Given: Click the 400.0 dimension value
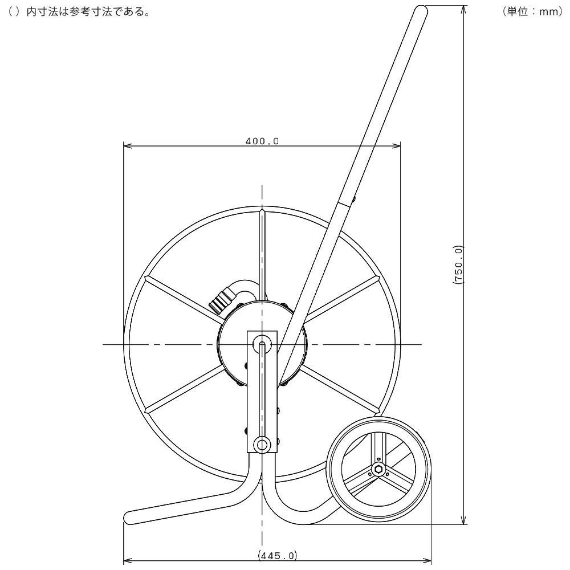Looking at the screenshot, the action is (x=262, y=141).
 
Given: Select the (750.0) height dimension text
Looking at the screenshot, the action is (x=458, y=264).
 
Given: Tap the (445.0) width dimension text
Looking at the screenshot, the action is (x=278, y=555).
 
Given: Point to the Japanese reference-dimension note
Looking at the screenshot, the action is (x=79, y=11).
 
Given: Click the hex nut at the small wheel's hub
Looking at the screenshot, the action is (x=378, y=469).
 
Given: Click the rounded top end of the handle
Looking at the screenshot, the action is (x=422, y=10).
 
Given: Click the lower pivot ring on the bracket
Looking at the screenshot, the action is (x=262, y=444).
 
